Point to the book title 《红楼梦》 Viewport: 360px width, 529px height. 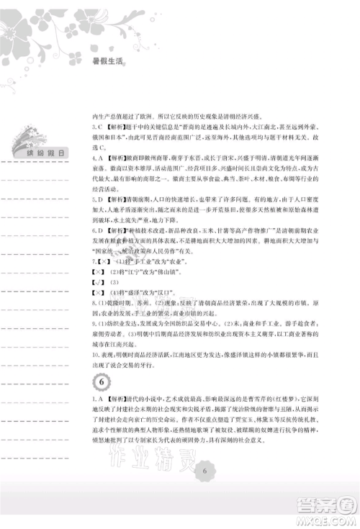pyautogui.click(x=286, y=397)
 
